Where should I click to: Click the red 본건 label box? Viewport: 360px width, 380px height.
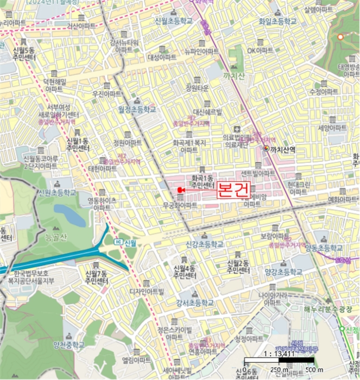(233, 189)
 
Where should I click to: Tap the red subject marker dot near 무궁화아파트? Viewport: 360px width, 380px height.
(179, 189)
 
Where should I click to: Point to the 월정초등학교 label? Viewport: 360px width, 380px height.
(137, 109)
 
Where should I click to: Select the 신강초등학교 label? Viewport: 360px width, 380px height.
(204, 244)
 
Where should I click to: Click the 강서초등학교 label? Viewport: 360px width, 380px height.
(194, 302)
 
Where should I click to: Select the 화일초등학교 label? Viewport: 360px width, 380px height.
(278, 21)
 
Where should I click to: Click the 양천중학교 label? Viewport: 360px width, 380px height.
(69, 344)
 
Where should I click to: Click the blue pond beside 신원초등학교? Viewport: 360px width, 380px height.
(69, 214)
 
